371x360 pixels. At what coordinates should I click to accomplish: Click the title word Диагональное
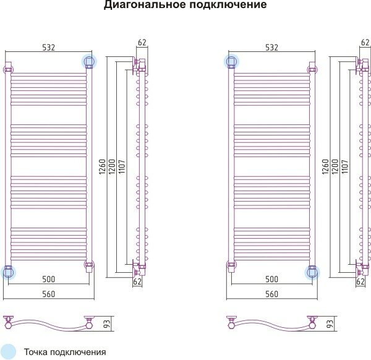coord(143,6)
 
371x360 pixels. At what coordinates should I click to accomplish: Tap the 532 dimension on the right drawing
coord(271,47)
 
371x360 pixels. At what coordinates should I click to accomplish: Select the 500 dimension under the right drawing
coord(271,280)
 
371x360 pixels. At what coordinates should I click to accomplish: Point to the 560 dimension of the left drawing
coord(48,294)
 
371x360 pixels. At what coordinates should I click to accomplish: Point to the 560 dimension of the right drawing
coord(271,294)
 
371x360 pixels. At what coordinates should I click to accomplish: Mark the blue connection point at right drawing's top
coord(232,61)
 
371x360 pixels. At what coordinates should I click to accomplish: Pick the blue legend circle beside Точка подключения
coord(9,351)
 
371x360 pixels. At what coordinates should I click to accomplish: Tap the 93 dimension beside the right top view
coord(329,323)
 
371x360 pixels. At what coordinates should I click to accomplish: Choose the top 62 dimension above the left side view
coord(142,43)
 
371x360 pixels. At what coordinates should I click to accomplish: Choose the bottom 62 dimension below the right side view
coord(360,281)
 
